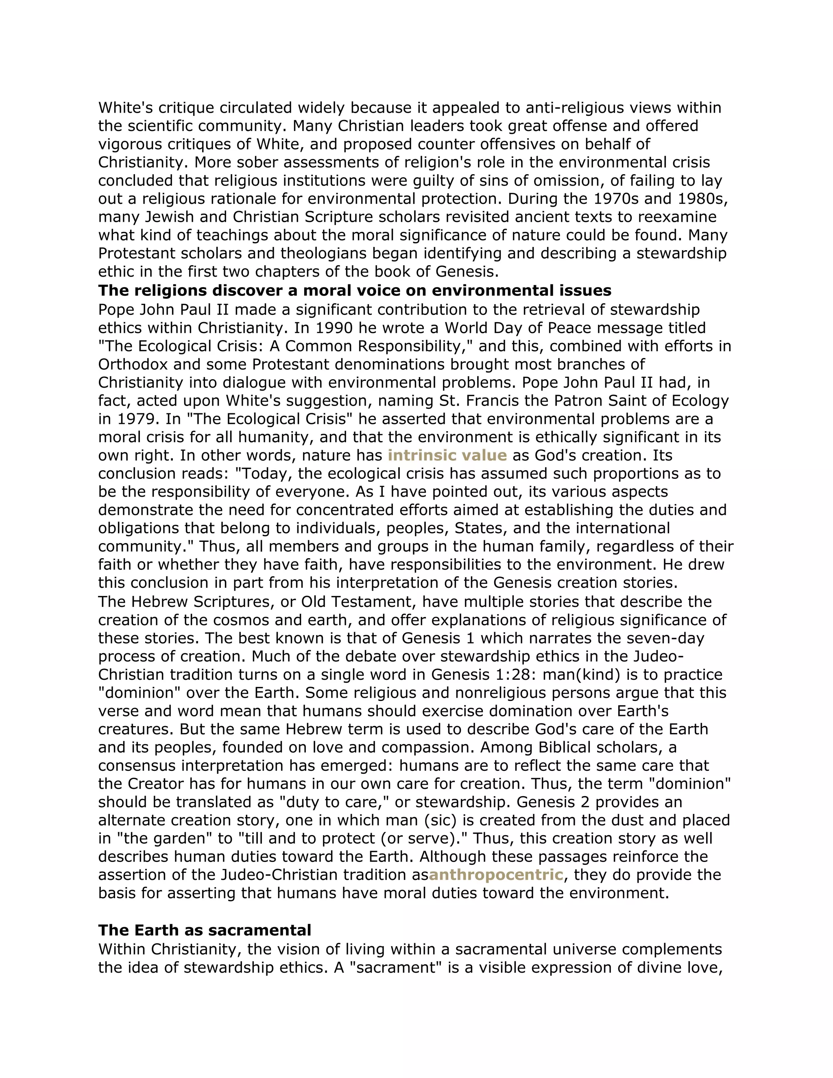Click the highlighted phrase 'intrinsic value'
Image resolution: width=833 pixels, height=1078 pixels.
447,455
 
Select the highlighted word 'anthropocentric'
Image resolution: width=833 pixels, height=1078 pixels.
495,875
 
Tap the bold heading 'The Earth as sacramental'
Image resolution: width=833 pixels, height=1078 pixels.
204,930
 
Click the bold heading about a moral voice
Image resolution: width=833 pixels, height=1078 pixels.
354,290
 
